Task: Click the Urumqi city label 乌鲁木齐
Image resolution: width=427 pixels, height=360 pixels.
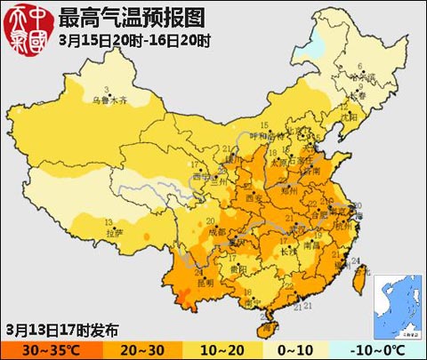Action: [x=110, y=100]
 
